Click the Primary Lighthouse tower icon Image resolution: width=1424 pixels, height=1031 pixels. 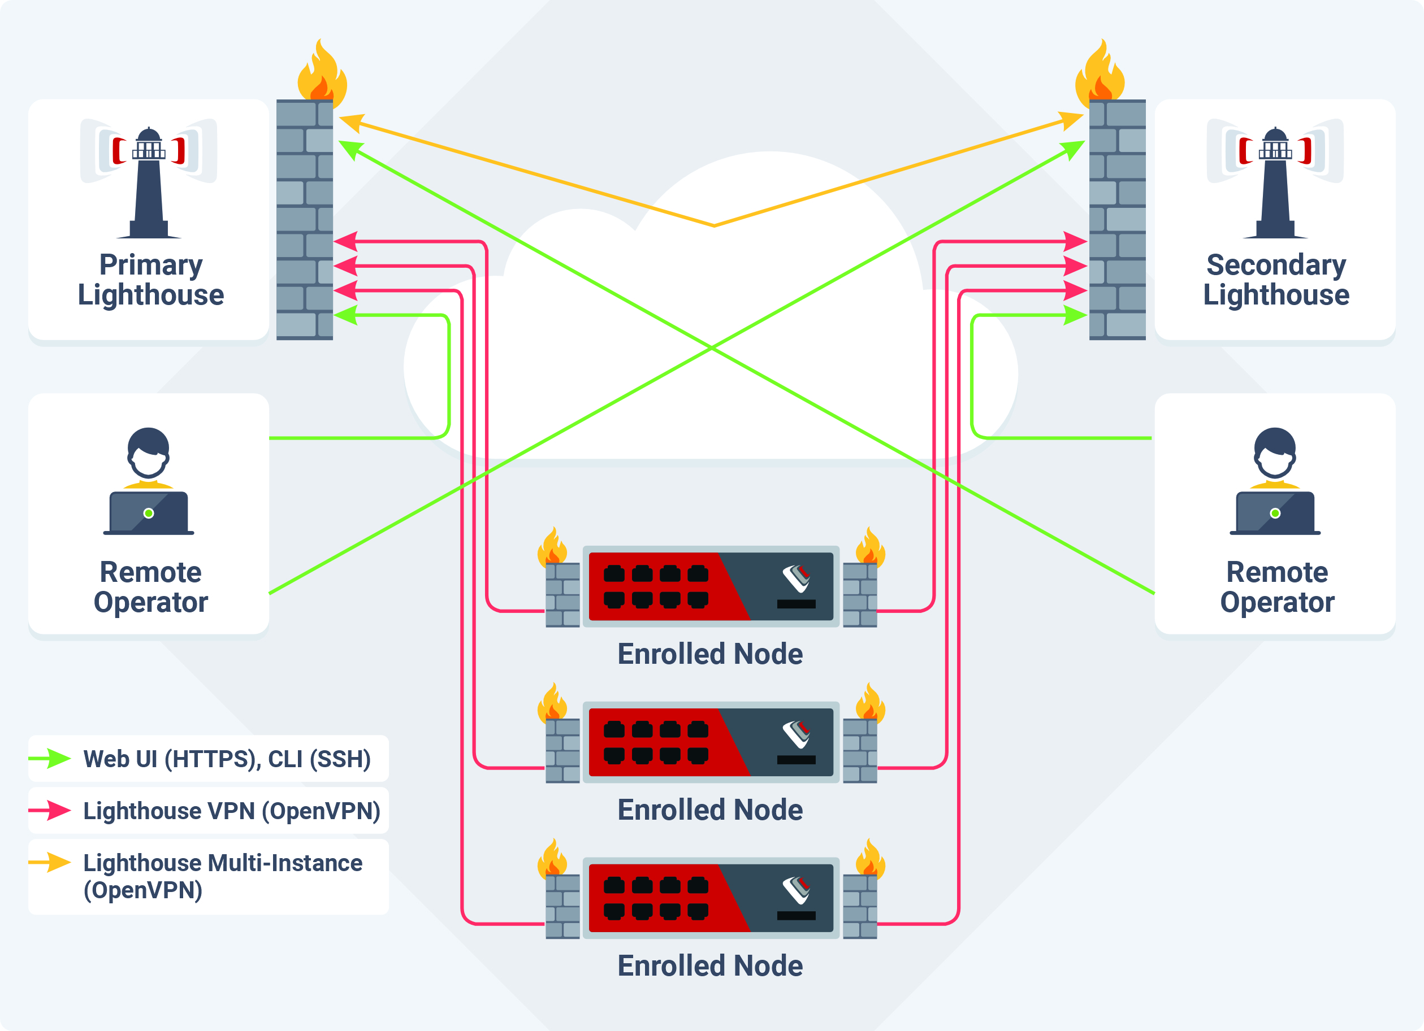(149, 182)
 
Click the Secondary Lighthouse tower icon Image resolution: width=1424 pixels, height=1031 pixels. (1275, 182)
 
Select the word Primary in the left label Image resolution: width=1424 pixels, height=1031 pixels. (151, 265)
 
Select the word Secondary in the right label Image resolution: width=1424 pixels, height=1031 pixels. (1276, 265)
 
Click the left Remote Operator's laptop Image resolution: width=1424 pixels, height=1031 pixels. (149, 513)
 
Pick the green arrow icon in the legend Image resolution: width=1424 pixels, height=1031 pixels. (50, 758)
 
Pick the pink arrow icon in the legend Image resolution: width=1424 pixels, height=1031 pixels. (50, 810)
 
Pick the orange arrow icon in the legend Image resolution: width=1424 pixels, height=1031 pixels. (50, 862)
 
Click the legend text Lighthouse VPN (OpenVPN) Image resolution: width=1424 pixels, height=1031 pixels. (232, 811)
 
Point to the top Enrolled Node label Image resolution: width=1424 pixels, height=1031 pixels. (710, 654)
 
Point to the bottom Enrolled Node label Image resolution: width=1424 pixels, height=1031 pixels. (710, 965)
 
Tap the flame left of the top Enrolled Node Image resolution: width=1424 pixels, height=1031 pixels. (552, 546)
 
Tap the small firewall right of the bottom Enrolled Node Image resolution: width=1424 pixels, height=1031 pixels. (860, 906)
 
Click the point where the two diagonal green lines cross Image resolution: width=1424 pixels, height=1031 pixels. (711, 346)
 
